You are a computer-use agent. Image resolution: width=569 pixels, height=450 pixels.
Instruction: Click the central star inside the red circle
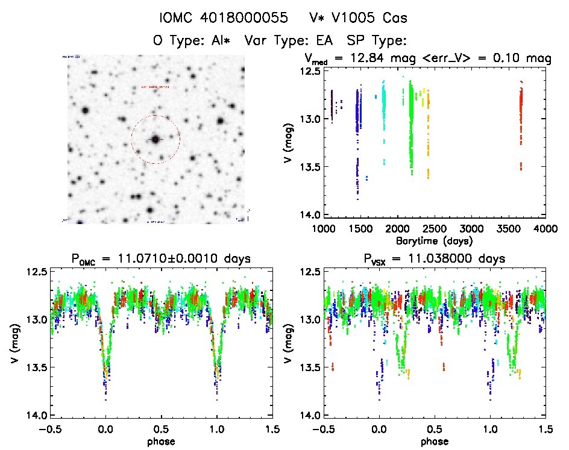[156, 139]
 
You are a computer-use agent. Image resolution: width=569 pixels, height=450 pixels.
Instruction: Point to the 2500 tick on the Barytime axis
[435, 229]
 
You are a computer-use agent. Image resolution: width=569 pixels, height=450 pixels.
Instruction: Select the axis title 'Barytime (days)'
[435, 240]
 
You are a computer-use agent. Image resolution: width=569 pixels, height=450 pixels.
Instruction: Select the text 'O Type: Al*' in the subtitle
[192, 41]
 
